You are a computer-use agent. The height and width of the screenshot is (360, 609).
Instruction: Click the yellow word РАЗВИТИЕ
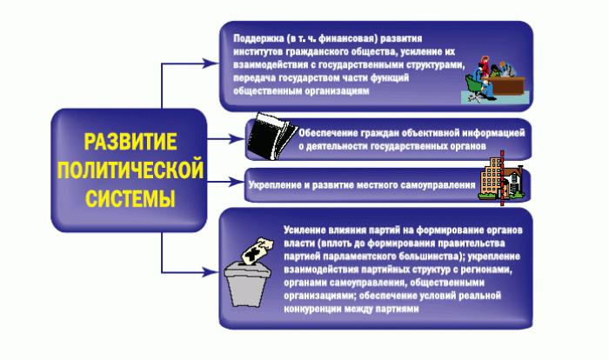(x=130, y=142)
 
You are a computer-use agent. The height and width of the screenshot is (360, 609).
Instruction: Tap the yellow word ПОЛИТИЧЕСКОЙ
(x=130, y=170)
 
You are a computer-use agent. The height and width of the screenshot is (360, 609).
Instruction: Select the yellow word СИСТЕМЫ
(x=130, y=198)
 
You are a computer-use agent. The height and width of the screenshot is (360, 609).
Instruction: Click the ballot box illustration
(x=247, y=283)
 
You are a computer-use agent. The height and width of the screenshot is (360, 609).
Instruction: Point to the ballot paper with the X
(x=258, y=250)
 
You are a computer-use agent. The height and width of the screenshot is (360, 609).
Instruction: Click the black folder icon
(x=271, y=136)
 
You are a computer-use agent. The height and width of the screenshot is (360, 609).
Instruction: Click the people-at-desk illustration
(x=495, y=81)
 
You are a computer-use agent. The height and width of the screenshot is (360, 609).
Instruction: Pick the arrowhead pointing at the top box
(x=210, y=63)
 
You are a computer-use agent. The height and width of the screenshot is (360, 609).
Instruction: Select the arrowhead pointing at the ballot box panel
(x=210, y=272)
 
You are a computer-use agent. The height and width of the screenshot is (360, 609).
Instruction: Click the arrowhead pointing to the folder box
(x=236, y=138)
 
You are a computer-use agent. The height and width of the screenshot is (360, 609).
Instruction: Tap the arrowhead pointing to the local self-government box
(x=236, y=182)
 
